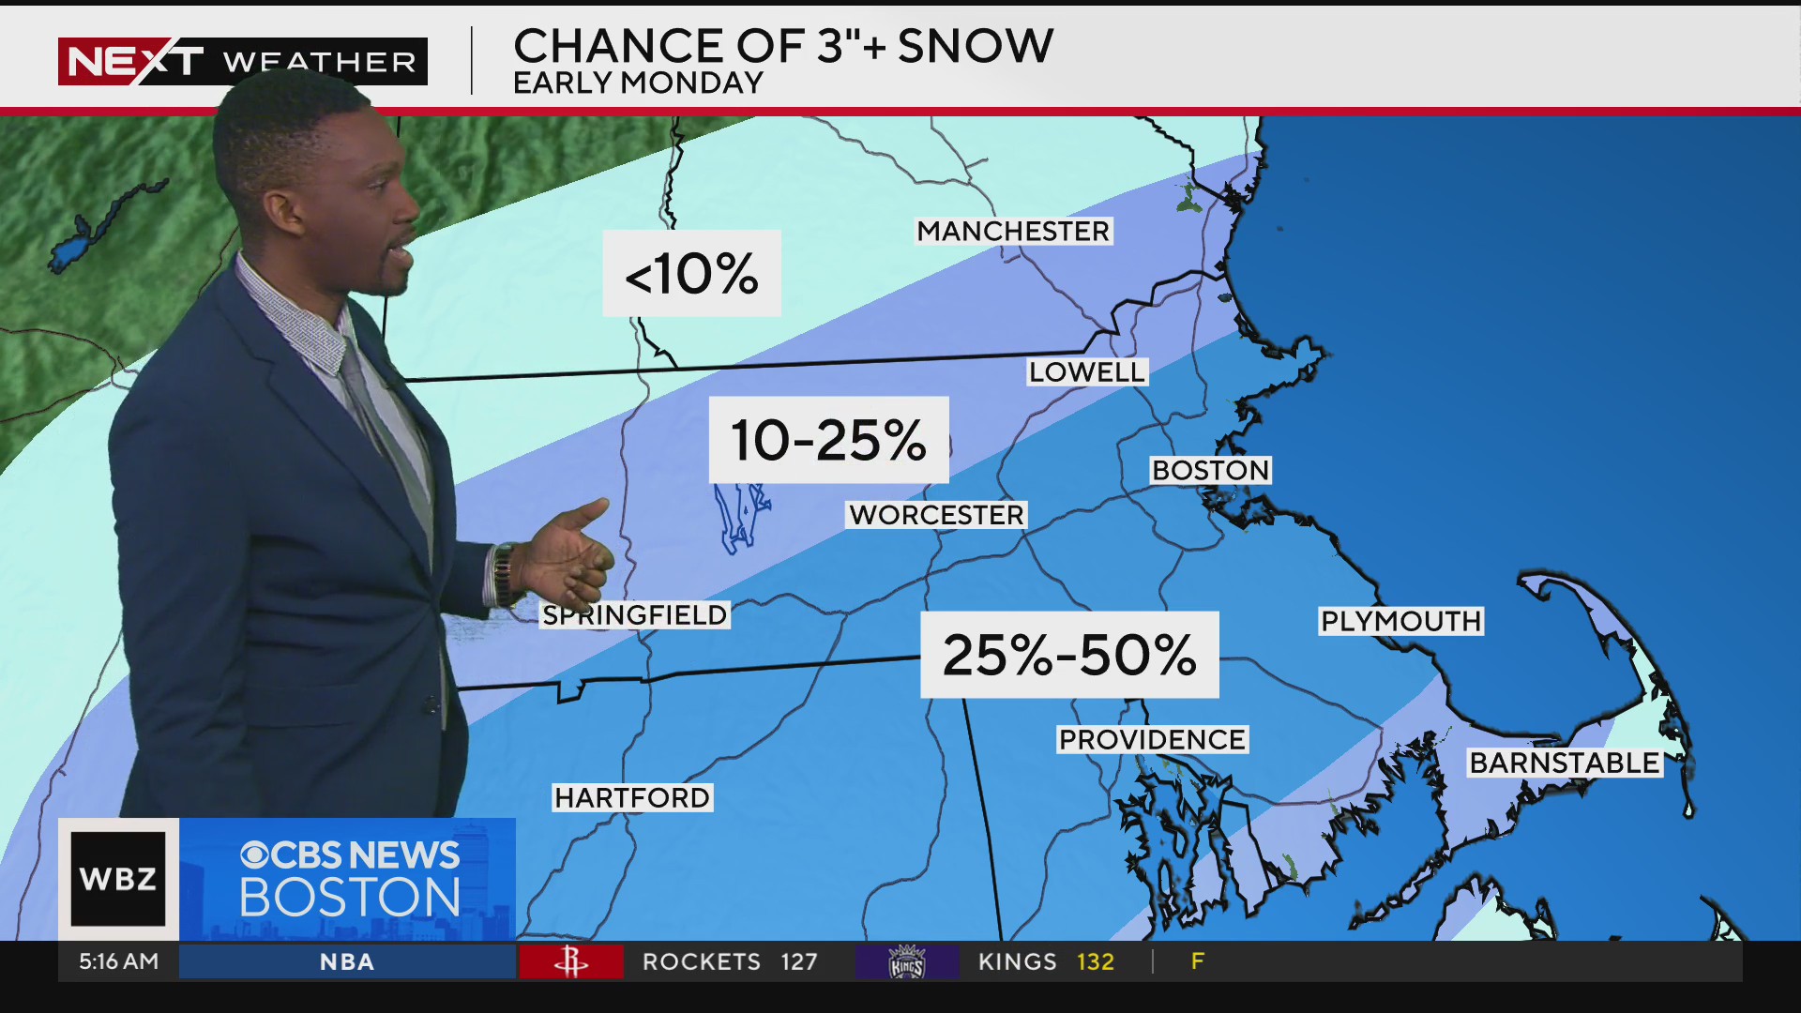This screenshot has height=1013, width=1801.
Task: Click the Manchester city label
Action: pyautogui.click(x=1013, y=231)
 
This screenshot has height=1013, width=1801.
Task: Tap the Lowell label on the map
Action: pyautogui.click(x=1086, y=371)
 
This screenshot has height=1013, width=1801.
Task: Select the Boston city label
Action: pyautogui.click(x=1210, y=470)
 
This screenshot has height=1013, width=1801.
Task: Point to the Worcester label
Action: pyautogui.click(x=936, y=515)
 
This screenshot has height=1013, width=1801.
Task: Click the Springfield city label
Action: pyautogui.click(x=636, y=615)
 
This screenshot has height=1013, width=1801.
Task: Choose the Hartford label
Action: pyautogui.click(x=632, y=797)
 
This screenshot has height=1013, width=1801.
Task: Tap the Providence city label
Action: pyautogui.click(x=1152, y=739)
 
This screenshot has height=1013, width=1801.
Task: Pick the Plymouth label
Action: pyautogui.click(x=1400, y=621)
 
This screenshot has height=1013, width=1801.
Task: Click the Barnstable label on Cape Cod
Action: pyautogui.click(x=1564, y=763)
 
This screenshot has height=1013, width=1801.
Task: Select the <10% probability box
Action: pyautogui.click(x=691, y=273)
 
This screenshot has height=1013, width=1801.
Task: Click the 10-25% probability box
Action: pyautogui.click(x=828, y=440)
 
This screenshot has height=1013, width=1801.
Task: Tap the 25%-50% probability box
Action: pyautogui.click(x=1069, y=655)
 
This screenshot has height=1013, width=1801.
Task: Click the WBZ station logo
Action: pyautogui.click(x=118, y=879)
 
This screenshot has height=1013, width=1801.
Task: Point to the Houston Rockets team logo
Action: pyautogui.click(x=570, y=961)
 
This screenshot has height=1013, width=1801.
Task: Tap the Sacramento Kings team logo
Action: pyautogui.click(x=906, y=961)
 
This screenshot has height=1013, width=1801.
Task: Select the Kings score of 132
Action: pyautogui.click(x=1095, y=961)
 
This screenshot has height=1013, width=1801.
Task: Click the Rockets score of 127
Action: pyautogui.click(x=798, y=961)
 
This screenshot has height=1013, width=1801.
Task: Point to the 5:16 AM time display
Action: pyautogui.click(x=118, y=961)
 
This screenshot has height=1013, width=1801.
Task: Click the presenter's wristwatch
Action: pyautogui.click(x=504, y=574)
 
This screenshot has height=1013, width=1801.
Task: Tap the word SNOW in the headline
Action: pyautogui.click(x=976, y=45)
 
